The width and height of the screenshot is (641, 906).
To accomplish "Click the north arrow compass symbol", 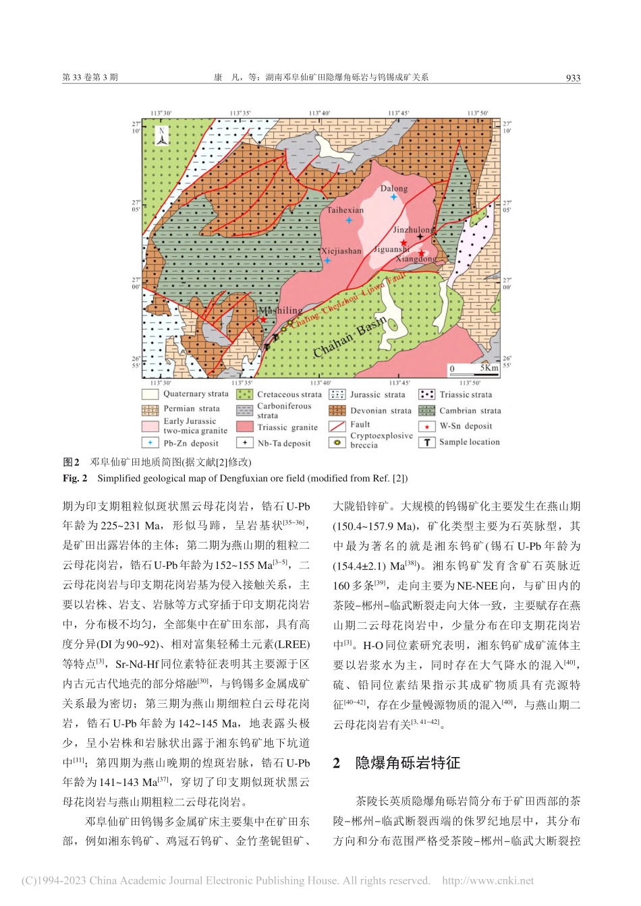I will (x=162, y=136).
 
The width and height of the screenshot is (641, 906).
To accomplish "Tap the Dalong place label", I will (x=393, y=188).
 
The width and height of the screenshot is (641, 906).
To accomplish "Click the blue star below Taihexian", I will (x=349, y=220).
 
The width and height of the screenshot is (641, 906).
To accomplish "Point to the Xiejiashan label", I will (x=341, y=251).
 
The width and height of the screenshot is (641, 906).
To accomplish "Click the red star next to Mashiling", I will (x=264, y=320).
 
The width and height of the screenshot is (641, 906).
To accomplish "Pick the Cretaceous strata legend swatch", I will (x=244, y=394).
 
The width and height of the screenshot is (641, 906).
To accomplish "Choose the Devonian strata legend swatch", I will (x=337, y=411).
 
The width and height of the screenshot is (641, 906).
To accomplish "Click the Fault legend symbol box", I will (x=337, y=426).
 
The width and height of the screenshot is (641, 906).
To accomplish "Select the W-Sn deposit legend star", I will (x=426, y=427).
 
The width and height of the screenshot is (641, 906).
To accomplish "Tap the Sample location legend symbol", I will (x=426, y=442).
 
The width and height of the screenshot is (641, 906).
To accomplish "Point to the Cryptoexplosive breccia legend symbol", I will (x=337, y=442).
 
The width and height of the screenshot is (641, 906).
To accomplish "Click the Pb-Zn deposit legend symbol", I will (x=150, y=443).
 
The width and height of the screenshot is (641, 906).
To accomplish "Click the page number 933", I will (x=573, y=78).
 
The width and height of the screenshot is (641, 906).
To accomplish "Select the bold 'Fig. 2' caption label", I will (x=75, y=478).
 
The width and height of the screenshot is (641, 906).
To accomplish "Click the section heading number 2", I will (x=337, y=762).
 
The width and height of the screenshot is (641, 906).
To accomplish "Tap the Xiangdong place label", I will (x=416, y=259).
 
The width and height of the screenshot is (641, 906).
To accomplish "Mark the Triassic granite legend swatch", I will (x=244, y=427).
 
